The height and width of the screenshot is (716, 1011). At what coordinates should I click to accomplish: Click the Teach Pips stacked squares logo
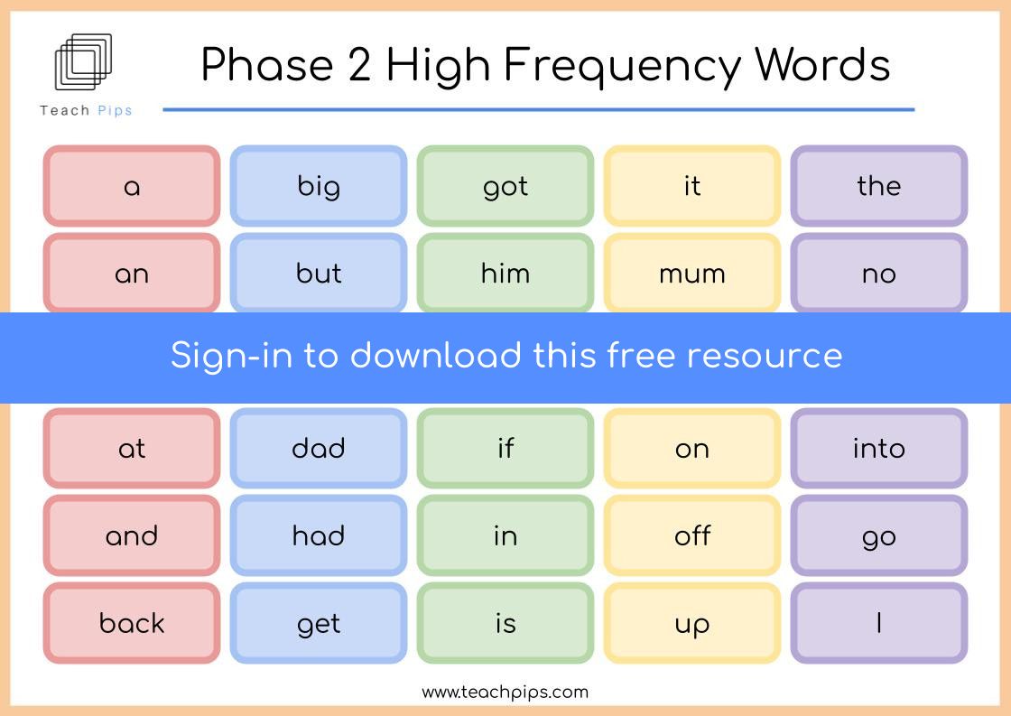click(x=83, y=61)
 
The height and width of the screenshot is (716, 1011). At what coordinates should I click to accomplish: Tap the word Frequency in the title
click(x=622, y=66)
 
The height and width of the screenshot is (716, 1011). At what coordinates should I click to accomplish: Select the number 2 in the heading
click(x=359, y=64)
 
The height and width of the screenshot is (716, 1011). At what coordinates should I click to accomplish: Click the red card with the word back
click(x=132, y=623)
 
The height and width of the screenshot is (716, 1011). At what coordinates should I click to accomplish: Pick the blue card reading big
click(x=319, y=186)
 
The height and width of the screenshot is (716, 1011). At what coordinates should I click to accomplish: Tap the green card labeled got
click(x=505, y=186)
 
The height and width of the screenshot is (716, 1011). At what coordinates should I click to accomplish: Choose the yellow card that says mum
click(x=691, y=274)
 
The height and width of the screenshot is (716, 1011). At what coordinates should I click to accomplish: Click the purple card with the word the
click(x=879, y=186)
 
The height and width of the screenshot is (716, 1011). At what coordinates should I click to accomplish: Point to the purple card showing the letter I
click(x=879, y=623)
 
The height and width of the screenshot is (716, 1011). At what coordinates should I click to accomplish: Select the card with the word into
click(x=879, y=449)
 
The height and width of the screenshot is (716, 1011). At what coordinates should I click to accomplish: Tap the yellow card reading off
click(x=691, y=535)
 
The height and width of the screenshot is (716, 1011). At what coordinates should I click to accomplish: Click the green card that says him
click(x=505, y=274)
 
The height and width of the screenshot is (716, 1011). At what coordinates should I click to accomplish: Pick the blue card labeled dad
click(x=319, y=449)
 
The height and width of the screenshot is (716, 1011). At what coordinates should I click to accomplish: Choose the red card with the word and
click(x=132, y=535)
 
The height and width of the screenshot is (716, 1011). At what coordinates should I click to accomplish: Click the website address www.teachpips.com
click(x=505, y=693)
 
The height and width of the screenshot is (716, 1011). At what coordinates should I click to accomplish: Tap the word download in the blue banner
click(x=436, y=356)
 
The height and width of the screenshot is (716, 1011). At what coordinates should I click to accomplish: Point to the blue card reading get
click(x=319, y=623)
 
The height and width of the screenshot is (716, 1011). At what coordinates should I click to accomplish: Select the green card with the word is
click(x=505, y=623)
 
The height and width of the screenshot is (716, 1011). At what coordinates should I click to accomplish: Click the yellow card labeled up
click(x=691, y=623)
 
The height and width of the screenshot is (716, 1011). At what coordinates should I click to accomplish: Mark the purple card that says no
click(x=879, y=274)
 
